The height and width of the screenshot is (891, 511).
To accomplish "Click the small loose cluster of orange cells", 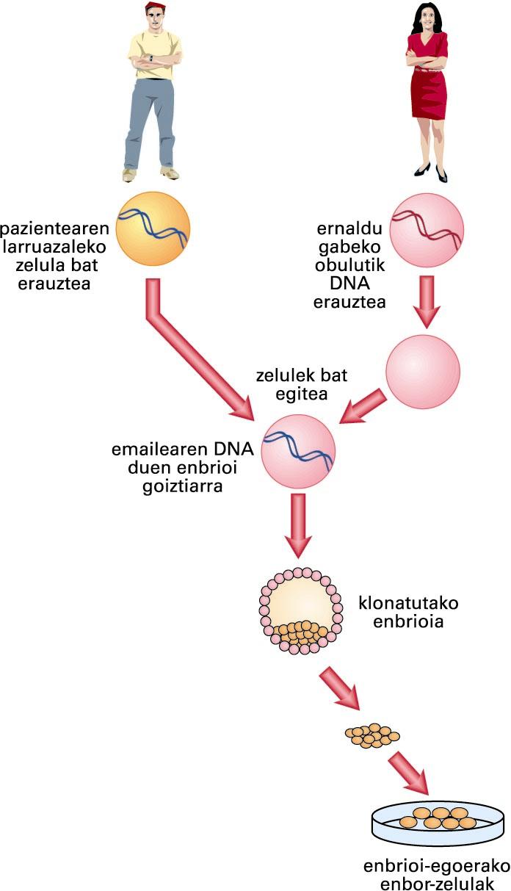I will [x=373, y=735].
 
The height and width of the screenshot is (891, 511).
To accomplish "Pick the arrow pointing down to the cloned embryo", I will [x=298, y=525].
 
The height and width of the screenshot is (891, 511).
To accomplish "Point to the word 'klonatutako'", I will [x=409, y=604].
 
